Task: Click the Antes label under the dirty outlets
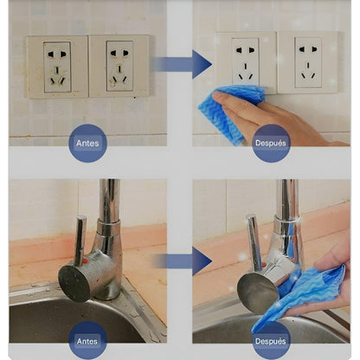point(87,143)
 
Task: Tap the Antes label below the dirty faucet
point(87,341)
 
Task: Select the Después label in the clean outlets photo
point(271,143)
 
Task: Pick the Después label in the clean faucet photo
point(271,341)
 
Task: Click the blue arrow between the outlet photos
point(183,64)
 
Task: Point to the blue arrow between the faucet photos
point(183,261)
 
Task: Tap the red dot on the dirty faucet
point(85,261)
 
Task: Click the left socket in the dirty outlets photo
point(57,67)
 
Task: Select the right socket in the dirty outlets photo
point(119,67)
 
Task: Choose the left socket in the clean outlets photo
point(246,62)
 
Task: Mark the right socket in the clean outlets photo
point(308,62)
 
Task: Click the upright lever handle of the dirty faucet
point(80,241)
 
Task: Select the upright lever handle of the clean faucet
point(254,240)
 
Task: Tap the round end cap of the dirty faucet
point(74,284)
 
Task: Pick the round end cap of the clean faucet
point(258,293)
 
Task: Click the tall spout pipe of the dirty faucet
point(110,202)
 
